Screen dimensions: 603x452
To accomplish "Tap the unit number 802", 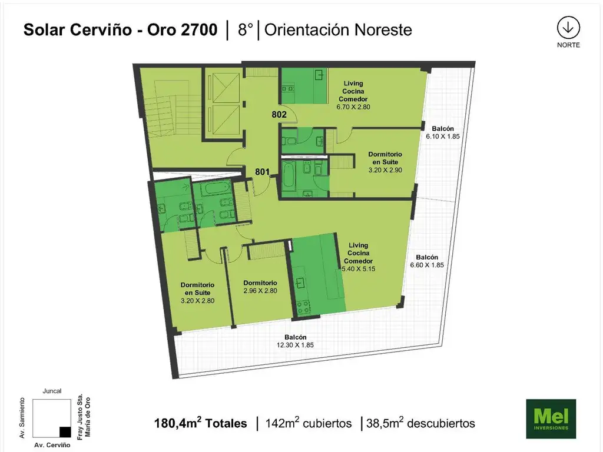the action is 279,115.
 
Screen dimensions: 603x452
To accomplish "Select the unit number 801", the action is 262,172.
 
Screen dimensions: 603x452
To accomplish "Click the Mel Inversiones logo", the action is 551,418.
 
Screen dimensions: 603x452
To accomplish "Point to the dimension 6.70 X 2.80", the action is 353,107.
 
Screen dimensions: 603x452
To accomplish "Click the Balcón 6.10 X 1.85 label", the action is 443,132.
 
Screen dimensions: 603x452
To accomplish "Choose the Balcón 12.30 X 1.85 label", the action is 296,341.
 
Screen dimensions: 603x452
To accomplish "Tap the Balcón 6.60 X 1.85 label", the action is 427,261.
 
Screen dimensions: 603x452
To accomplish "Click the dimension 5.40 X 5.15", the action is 359,269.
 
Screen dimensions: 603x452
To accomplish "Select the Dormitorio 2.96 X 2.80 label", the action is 260,287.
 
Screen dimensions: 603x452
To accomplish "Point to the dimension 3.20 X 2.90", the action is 385,170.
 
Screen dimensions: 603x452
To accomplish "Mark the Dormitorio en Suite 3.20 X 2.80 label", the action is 198,293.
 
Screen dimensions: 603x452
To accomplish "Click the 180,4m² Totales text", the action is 200,423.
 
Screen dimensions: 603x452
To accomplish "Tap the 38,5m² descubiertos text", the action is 420,423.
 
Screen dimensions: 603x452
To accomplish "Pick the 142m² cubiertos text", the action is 309,423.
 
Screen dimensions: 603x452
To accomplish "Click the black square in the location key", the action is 65,431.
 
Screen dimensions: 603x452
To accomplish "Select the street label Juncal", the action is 52,391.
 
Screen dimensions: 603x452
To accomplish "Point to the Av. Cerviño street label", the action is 52,445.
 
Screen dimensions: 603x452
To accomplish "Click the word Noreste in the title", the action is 383,29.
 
